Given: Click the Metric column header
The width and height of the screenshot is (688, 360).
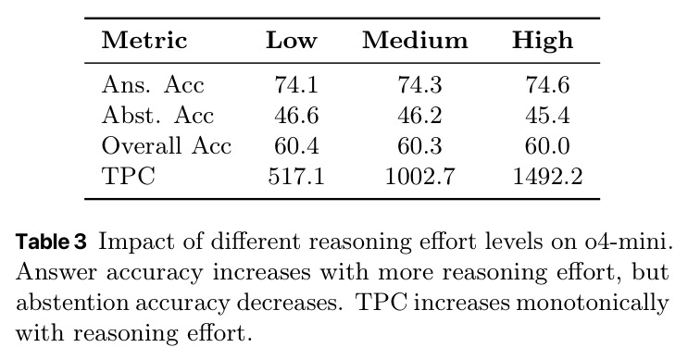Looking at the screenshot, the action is click(x=144, y=41).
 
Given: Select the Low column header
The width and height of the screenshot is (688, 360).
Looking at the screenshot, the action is click(x=292, y=41).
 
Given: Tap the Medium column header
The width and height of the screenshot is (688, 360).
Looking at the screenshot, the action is click(x=415, y=41).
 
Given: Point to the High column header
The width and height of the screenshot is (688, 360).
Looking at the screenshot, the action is click(x=543, y=42).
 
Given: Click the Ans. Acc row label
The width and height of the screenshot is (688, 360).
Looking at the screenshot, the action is click(x=153, y=84).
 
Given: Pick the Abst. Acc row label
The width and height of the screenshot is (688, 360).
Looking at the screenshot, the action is click(x=157, y=116).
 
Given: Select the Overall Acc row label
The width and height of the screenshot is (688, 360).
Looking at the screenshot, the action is click(x=167, y=145).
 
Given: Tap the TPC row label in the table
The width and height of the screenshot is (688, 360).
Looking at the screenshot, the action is click(x=129, y=176).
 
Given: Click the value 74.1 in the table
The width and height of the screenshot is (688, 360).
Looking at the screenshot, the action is click(x=296, y=84).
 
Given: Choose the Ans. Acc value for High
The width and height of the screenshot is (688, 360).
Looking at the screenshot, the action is click(x=547, y=84).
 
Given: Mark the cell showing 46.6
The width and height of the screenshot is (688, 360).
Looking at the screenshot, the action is click(x=296, y=116).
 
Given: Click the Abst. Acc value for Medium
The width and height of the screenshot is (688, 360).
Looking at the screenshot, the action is click(x=419, y=116).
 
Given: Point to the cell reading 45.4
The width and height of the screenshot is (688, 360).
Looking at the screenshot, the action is click(x=547, y=116).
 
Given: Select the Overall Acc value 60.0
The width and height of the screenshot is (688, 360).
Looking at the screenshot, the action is click(x=547, y=145).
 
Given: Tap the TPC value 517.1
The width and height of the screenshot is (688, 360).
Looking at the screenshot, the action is click(x=296, y=176).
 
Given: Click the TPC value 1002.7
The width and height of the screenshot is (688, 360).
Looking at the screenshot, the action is click(x=419, y=176).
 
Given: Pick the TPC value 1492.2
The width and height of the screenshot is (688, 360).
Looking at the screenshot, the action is click(x=547, y=176).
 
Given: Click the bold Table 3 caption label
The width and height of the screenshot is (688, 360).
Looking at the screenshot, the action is click(x=51, y=242).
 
